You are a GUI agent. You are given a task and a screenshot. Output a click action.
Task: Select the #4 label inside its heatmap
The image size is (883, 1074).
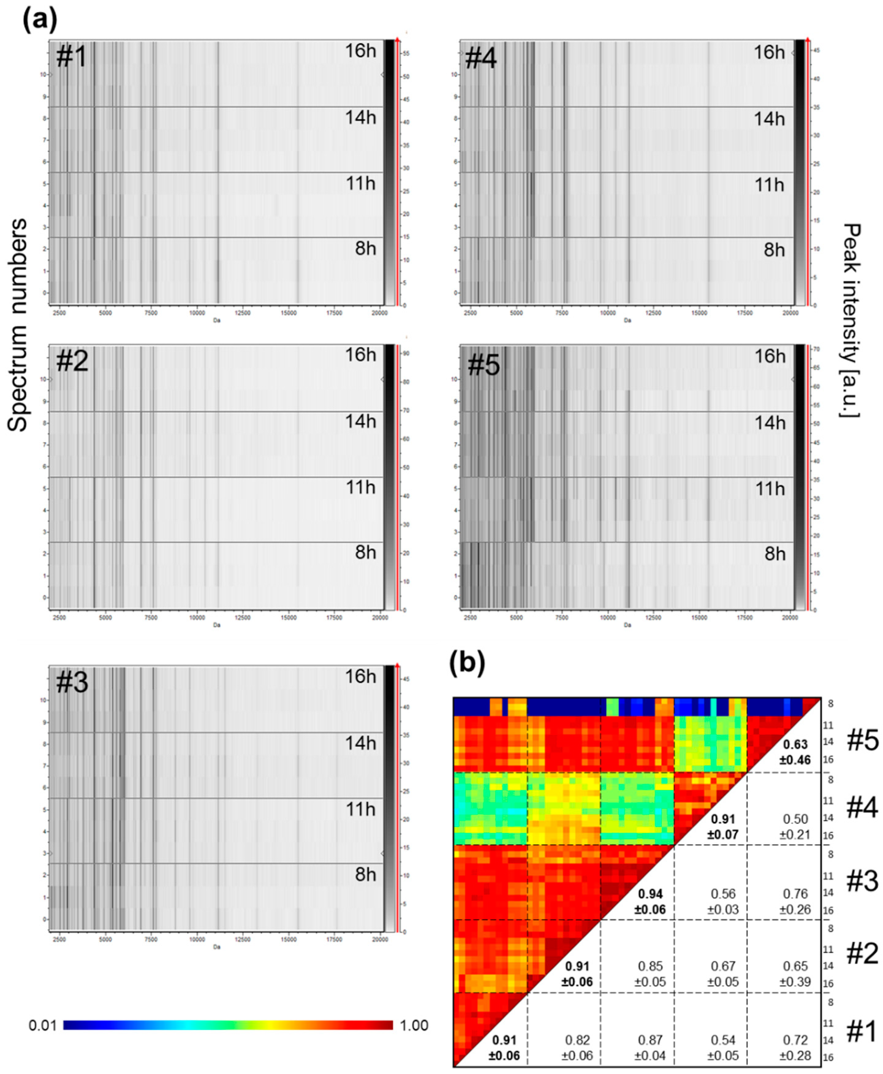coord(481,58)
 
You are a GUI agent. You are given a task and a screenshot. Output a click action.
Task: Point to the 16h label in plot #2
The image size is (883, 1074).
coord(361,355)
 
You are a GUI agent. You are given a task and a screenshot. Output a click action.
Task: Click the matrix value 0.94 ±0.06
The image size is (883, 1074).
coord(650,901)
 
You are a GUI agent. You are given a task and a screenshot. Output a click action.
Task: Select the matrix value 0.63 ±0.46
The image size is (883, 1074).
coord(795,752)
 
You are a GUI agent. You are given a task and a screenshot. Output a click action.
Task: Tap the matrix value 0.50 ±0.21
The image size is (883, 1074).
coord(795,827)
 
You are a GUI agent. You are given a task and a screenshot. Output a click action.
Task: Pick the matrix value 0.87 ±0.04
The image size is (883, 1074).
coord(650,1048)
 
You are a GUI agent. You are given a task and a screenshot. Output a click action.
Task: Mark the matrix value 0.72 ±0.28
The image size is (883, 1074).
coord(795,1048)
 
